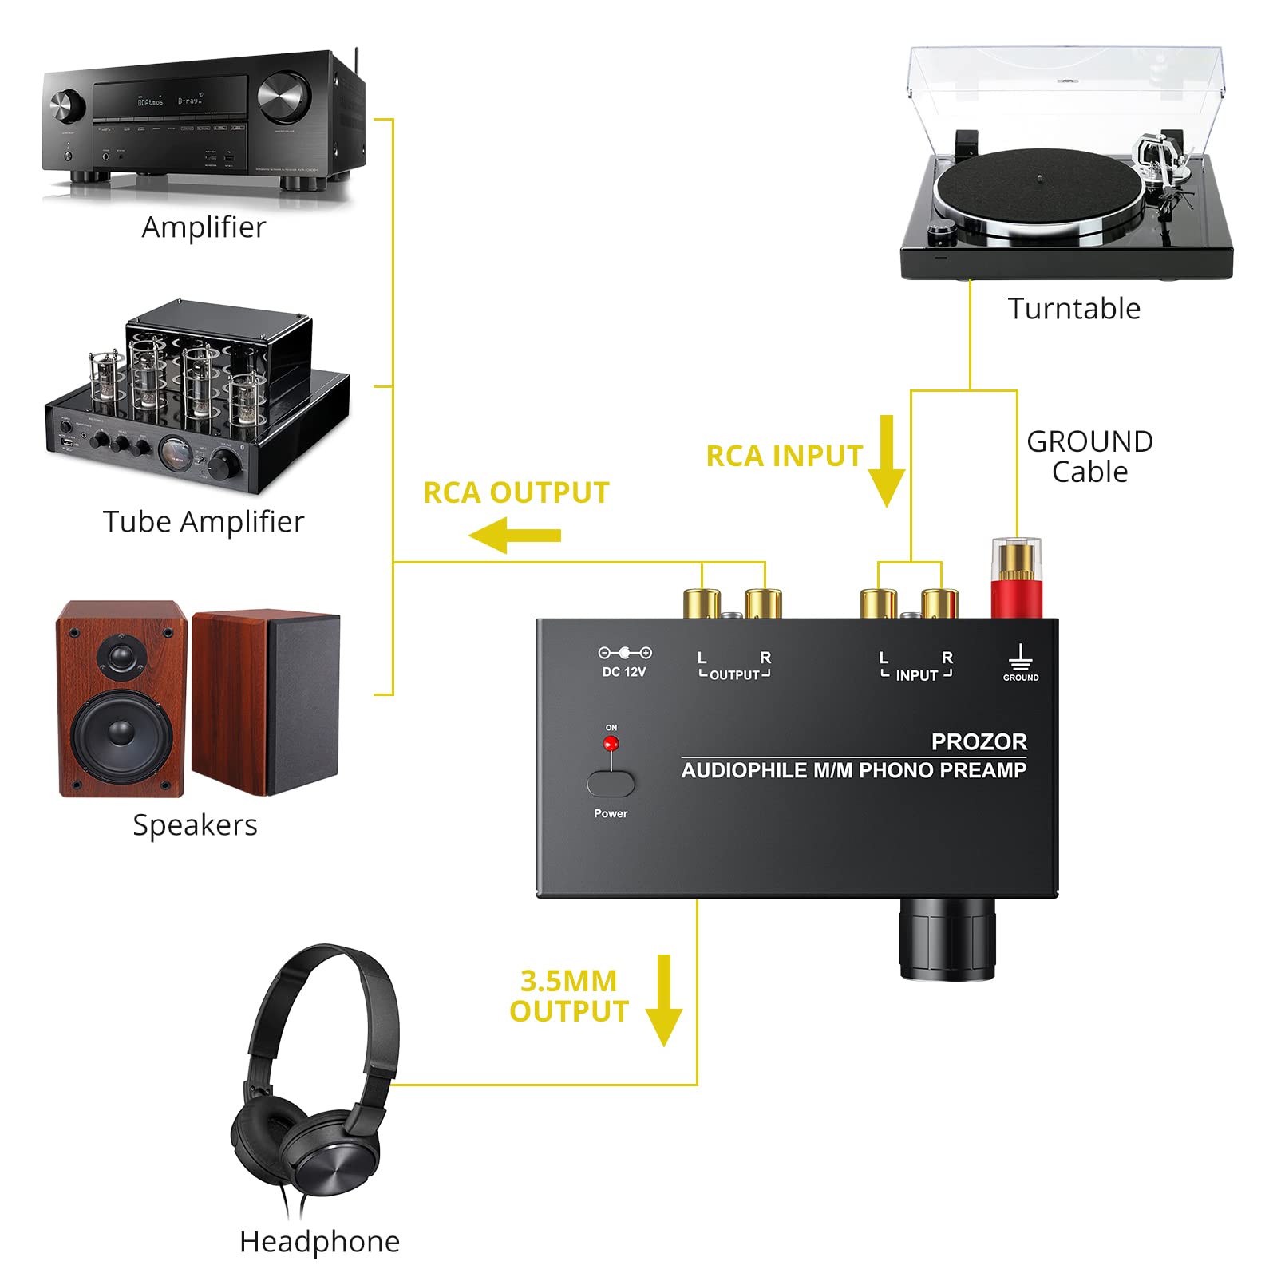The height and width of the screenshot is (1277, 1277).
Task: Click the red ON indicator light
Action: tap(611, 744)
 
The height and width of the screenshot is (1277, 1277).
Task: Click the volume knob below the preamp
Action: tap(947, 939)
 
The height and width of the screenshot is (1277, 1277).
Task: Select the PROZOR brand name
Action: tap(979, 741)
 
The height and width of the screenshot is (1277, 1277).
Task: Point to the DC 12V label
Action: tap(623, 672)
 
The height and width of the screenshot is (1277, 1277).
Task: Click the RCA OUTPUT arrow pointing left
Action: tap(515, 534)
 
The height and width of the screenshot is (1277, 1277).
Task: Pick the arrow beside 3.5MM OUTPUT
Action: tap(663, 1001)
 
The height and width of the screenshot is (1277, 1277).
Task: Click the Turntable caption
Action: tap(1073, 308)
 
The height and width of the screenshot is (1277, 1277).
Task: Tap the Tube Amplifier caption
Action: tap(204, 521)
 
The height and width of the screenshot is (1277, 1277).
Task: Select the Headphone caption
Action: tap(319, 1241)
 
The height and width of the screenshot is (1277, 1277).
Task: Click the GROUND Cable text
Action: tap(1089, 457)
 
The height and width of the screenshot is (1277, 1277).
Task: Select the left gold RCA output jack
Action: tap(702, 603)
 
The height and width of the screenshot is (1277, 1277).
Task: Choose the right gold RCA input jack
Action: tap(939, 603)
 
